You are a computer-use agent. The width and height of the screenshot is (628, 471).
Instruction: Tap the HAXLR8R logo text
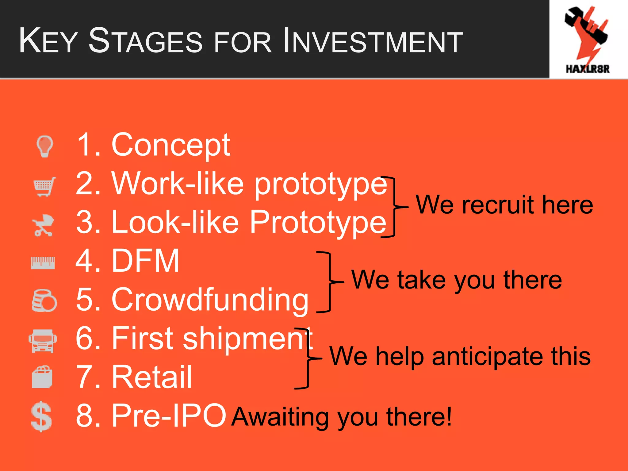pos(587,69)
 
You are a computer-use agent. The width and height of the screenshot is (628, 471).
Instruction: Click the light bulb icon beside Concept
pos(45,146)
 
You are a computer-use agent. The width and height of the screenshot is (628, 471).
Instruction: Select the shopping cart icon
pos(44,186)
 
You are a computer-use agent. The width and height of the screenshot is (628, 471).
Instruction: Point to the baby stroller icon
pos(43,225)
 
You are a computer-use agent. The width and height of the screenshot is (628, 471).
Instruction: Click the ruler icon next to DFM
pos(43,263)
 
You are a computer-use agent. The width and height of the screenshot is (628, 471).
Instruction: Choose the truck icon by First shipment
pos(43,341)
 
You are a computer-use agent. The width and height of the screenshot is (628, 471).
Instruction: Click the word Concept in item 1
pos(170,145)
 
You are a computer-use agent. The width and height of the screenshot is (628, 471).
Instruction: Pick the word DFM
pos(145,261)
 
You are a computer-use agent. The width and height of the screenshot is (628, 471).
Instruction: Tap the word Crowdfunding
pos(210,300)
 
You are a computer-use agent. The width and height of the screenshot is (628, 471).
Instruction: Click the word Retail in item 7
pos(152,377)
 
